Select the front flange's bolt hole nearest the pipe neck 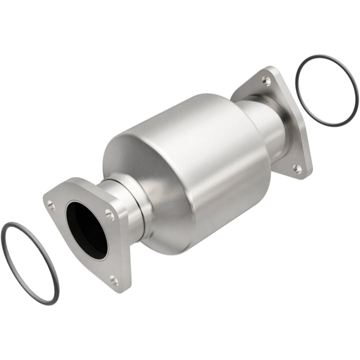point(109,215)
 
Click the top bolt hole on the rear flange point(266,80)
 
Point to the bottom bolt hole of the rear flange point(297,168)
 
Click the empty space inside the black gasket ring point(327,90)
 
